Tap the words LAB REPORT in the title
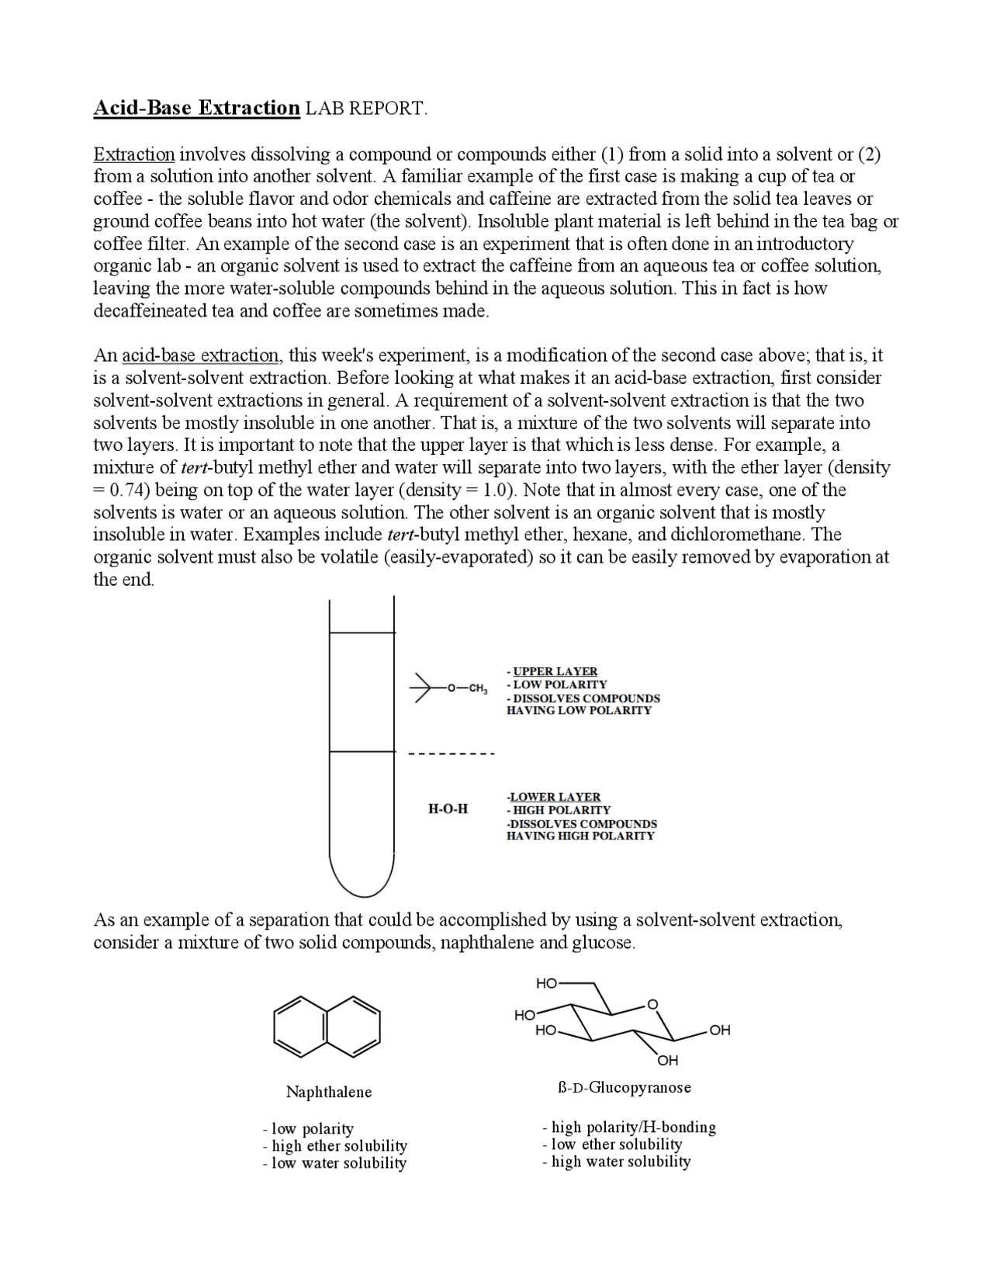pyautogui.click(x=365, y=108)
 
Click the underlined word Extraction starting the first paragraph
pyautogui.click(x=134, y=154)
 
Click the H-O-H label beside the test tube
pyautogui.click(x=448, y=809)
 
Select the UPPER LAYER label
pyautogui.click(x=555, y=671)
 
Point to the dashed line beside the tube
pyautogui.click(x=451, y=753)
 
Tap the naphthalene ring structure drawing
pyautogui.click(x=327, y=1027)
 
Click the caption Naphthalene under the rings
pyautogui.click(x=329, y=1093)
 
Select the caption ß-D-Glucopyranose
pyautogui.click(x=625, y=1087)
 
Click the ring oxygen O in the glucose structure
pyautogui.click(x=652, y=1005)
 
